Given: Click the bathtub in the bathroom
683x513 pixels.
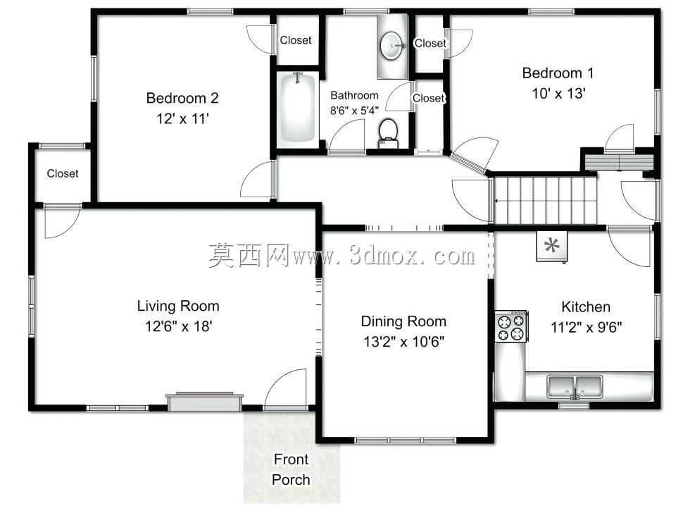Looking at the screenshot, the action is click(x=296, y=108).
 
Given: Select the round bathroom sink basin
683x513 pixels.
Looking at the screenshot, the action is click(x=391, y=46).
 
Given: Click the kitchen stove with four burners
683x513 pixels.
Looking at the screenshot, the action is click(x=511, y=326).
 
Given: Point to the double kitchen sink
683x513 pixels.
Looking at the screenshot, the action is click(x=575, y=387).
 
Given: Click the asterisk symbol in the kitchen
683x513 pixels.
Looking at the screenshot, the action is click(x=552, y=246).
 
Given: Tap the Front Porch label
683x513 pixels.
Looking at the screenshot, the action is click(x=291, y=469).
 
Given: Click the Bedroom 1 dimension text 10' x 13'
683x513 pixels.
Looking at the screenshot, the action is click(x=558, y=93).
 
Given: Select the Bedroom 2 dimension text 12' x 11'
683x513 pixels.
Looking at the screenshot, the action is click(x=182, y=118).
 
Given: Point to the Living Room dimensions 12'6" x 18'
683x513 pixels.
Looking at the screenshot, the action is click(x=179, y=326).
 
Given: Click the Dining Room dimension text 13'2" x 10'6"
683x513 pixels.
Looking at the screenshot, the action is click(x=403, y=341).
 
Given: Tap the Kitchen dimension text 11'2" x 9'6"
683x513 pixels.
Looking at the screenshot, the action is click(x=587, y=327).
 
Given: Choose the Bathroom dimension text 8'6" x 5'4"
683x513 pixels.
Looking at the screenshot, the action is click(x=354, y=111).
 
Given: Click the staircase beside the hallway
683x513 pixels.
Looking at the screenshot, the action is click(x=545, y=200).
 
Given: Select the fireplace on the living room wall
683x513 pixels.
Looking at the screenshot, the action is click(x=204, y=402).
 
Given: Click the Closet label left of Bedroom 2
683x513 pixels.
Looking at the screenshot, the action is click(x=63, y=173).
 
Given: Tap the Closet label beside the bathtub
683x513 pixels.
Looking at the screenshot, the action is click(x=296, y=40).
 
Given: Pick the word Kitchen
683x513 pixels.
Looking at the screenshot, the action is click(x=586, y=307).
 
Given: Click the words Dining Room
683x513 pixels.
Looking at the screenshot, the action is click(x=403, y=321).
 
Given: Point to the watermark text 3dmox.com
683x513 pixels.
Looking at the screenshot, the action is click(x=412, y=256).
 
